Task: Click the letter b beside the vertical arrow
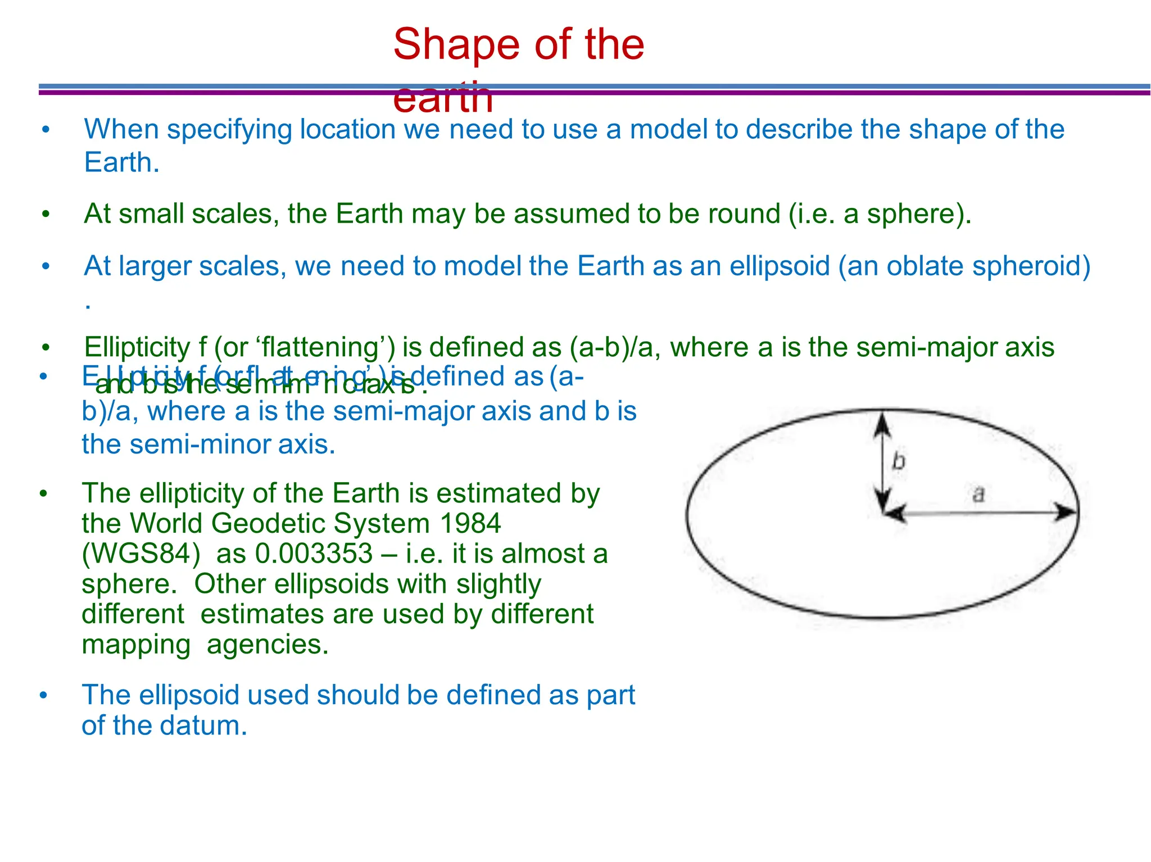[899, 462]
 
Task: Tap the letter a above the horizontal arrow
[978, 494]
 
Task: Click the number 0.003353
[314, 554]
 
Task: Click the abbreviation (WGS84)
[141, 554]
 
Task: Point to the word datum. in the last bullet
[203, 725]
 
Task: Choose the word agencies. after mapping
[268, 645]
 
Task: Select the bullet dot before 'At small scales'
[46, 214]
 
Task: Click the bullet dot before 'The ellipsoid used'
[43, 696]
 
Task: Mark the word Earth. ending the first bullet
[122, 163]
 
